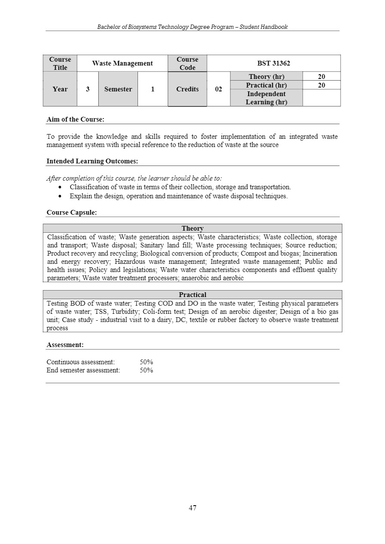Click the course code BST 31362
click(273, 63)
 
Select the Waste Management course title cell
click(122, 63)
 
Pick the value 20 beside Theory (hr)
click(321, 77)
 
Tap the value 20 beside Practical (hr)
click(321, 85)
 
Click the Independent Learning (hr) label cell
click(266, 98)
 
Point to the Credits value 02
click(218, 89)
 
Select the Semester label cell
click(118, 89)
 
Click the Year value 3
click(88, 89)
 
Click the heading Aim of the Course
click(75, 119)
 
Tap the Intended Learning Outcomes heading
click(92, 161)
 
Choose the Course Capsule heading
click(72, 213)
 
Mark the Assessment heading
click(65, 345)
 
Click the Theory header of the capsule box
click(192, 228)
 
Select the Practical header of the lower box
click(192, 295)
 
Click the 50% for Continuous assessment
click(146, 362)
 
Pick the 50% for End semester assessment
click(146, 370)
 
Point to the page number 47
click(192, 508)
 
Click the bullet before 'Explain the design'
click(61, 196)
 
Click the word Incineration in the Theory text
click(320, 253)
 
